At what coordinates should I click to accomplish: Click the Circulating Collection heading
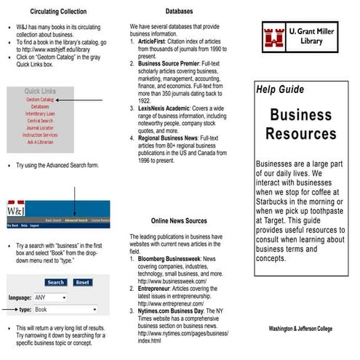point(58,12)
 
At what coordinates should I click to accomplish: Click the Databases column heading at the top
point(180,12)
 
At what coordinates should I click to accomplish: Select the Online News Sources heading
point(179,220)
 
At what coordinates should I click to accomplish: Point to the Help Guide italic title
point(280,89)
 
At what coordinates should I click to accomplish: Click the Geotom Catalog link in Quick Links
point(40,99)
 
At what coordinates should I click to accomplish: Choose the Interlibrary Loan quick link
point(40,113)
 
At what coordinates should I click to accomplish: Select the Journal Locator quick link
point(40,128)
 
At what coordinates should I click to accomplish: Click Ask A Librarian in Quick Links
point(40,142)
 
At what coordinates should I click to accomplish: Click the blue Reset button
point(82,282)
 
